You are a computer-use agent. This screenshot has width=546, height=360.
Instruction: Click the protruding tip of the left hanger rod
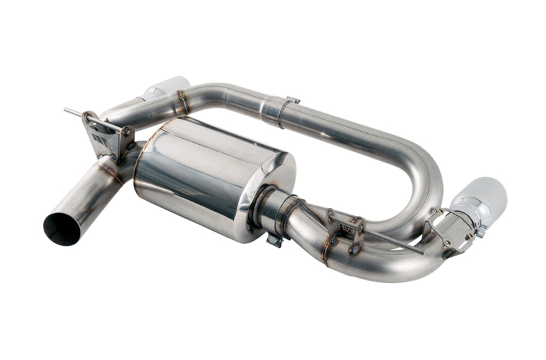pyautogui.click(x=68, y=110)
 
